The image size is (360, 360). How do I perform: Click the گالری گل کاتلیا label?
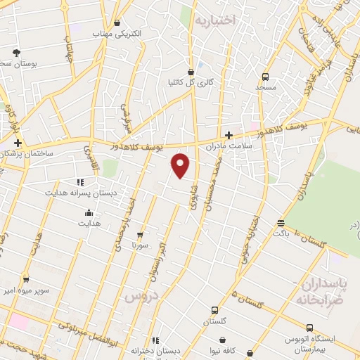coord(190,83)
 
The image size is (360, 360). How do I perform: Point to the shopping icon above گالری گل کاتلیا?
coord(191,72)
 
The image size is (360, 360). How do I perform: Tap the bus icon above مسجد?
coord(266,77)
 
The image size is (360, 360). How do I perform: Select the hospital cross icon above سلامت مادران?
coord(229,135)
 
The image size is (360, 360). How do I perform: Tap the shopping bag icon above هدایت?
coord(89,213)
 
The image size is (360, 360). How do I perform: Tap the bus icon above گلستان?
coord(214,310)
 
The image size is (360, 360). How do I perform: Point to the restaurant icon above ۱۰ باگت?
coord(281,222)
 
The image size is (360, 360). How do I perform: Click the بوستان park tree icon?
coord(16,53)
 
